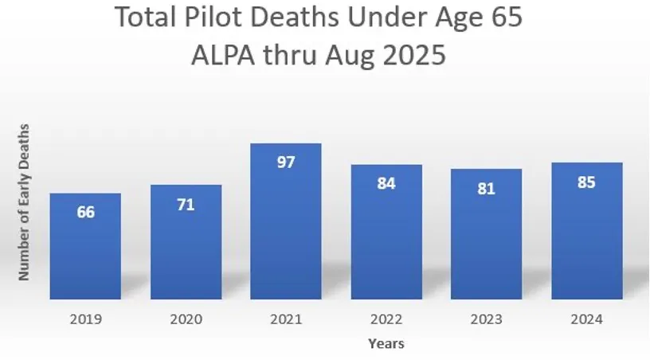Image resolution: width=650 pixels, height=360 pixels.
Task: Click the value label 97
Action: [x=286, y=162]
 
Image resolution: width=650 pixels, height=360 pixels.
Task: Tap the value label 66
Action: [x=85, y=213]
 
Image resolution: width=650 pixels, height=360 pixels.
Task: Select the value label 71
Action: [x=186, y=205]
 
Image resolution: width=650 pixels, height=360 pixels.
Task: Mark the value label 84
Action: [x=386, y=184]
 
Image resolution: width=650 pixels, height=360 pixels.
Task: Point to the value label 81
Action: [x=486, y=189]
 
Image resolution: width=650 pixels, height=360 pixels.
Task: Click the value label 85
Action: [x=586, y=182]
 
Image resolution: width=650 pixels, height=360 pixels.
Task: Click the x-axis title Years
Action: [x=386, y=344]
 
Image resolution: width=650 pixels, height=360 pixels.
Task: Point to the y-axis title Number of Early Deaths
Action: [x=24, y=202]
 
